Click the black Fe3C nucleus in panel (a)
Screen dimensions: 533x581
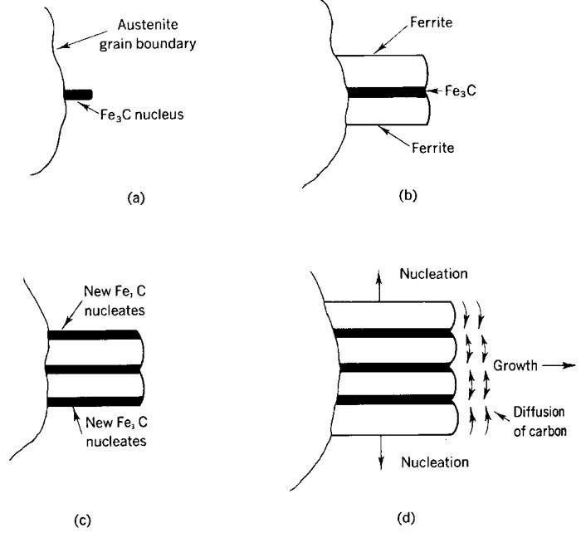[79, 95]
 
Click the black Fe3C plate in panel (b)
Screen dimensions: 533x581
[386, 92]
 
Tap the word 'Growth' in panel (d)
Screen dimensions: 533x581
[513, 364]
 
